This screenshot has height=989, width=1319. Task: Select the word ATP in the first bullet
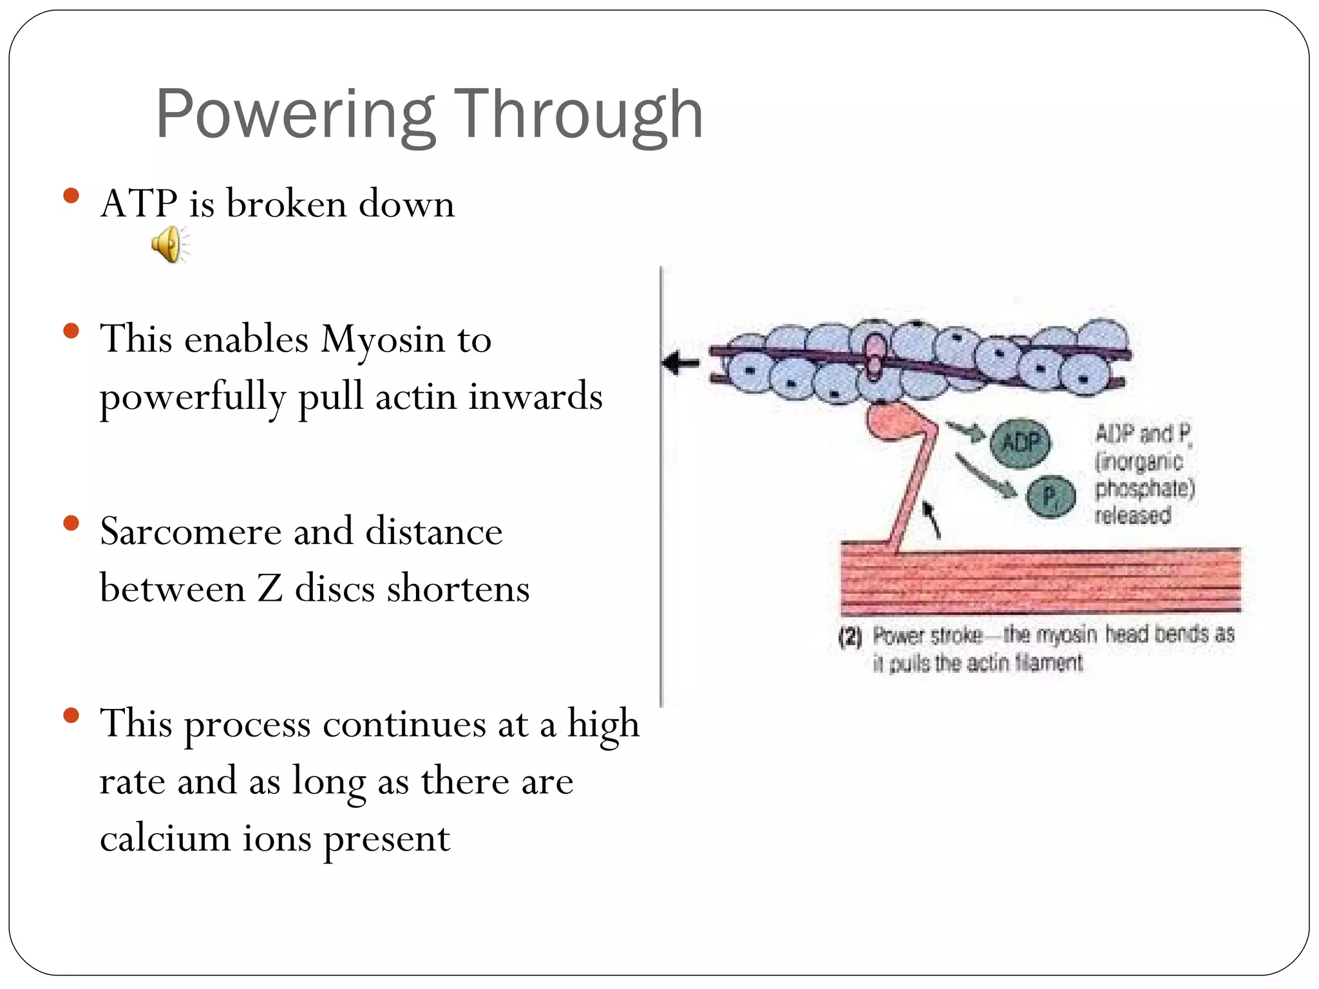[x=138, y=203]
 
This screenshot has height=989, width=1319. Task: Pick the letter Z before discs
[x=270, y=589]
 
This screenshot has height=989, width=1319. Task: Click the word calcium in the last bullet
[x=165, y=838]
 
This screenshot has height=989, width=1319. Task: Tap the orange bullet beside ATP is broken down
[x=71, y=195]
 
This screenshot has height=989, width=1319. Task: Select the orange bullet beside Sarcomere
[x=71, y=523]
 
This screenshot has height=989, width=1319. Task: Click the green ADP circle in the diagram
[x=1020, y=442]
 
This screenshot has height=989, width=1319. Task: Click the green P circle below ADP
[x=1050, y=496]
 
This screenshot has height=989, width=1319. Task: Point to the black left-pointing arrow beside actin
[x=680, y=364]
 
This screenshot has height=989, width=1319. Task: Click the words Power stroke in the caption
[x=927, y=636]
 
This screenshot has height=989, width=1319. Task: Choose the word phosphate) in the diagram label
[x=1144, y=488]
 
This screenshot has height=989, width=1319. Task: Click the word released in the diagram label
[x=1132, y=515]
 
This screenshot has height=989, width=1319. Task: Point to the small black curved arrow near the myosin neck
[x=931, y=519]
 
